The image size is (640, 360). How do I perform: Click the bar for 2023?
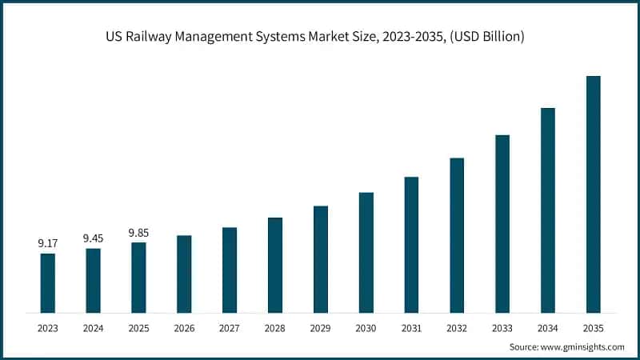(x=48, y=282)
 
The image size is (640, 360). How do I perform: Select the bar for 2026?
(x=184, y=274)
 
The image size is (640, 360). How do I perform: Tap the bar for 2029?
(x=321, y=258)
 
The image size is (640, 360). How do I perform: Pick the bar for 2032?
(x=457, y=234)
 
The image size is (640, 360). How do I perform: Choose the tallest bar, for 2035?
(x=593, y=194)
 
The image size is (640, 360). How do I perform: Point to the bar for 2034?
(x=548, y=210)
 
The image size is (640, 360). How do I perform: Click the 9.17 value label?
(x=48, y=242)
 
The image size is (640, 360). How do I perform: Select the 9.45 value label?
(x=94, y=238)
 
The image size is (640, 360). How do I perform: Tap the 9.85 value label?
(x=138, y=232)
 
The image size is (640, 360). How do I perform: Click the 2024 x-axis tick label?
(x=94, y=327)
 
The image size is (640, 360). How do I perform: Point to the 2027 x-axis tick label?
(x=230, y=327)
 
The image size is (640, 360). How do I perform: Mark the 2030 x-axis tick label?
(x=366, y=327)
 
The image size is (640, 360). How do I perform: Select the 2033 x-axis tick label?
(x=502, y=327)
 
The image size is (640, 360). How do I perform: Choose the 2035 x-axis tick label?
(x=593, y=327)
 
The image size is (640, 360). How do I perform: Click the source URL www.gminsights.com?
(x=582, y=346)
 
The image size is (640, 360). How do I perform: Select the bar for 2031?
(x=411, y=244)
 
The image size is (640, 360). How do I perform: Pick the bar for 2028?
(x=275, y=264)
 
